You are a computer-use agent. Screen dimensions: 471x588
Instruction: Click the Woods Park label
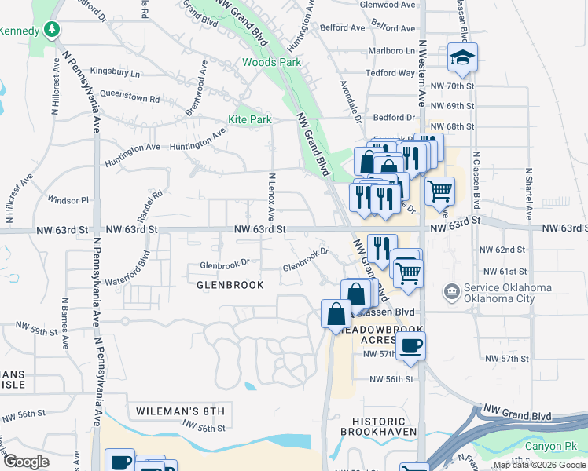coord(271,62)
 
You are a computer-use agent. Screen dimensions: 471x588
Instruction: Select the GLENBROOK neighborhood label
coord(230,285)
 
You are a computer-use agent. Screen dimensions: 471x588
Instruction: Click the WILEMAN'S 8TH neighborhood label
coord(180,411)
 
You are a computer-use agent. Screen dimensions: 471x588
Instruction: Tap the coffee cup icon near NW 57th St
coord(410,345)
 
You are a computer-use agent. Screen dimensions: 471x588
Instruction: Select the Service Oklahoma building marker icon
coord(451,293)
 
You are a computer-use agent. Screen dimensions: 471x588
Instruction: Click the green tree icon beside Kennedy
coord(52,30)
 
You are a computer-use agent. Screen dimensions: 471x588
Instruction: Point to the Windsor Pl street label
coord(68,200)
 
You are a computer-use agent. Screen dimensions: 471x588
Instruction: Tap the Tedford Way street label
coord(390,73)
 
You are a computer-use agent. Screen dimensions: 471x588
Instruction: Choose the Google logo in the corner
coord(25,462)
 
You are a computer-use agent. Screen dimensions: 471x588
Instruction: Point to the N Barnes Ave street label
coord(62,322)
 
